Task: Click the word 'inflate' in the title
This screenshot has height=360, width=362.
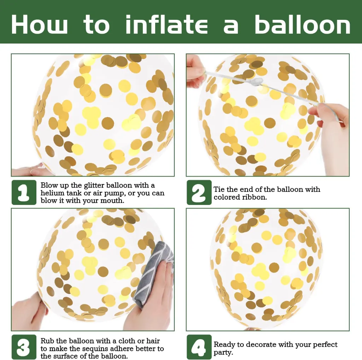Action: coord(167,24)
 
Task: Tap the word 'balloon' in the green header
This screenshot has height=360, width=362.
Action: coord(303,24)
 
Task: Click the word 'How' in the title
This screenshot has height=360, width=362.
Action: coord(39,25)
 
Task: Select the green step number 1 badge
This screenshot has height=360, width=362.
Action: coord(24,192)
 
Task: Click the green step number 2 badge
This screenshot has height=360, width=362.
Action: coord(199,192)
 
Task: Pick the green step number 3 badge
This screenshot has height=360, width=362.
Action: coord(24,347)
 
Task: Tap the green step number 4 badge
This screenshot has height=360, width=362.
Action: coord(199,347)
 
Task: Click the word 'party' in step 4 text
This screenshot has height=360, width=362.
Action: coord(223,353)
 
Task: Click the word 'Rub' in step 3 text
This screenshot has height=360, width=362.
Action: coord(47,341)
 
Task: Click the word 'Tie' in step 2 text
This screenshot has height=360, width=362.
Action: coord(218,189)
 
